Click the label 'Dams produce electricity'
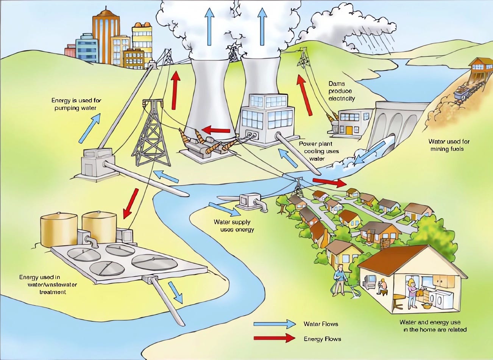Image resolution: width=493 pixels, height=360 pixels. click(342, 91)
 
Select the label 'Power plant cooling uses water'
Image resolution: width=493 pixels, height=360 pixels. click(319, 151)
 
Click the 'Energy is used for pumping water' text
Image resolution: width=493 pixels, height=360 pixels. click(76, 104)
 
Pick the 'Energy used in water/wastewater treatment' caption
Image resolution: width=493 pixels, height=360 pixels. click(42, 285)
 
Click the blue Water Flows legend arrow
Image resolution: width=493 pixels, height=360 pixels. click(275, 324)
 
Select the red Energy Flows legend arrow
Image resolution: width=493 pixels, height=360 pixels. click(275, 338)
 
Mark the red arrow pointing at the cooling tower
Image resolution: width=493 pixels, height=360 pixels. click(216, 130)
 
